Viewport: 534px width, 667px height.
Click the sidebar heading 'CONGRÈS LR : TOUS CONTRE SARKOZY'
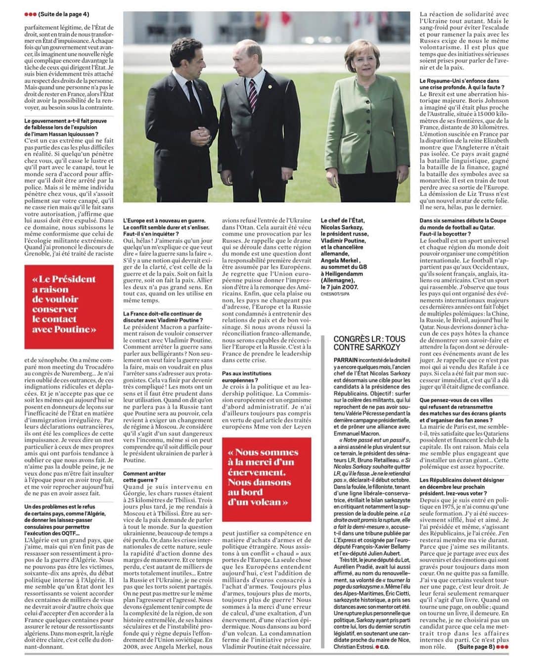pos(369,343)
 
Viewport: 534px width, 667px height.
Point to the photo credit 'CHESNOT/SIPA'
pos(335,293)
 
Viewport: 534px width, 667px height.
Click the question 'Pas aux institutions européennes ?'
pos(247,377)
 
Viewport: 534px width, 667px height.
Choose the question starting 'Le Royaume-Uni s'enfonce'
pos(459,84)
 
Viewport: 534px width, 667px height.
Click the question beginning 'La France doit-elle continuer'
pos(163,317)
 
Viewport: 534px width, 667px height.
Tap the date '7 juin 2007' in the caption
pos(339,286)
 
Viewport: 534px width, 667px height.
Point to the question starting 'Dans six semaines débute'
pos(463,227)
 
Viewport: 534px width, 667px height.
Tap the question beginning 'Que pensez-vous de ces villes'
pos(463,410)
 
